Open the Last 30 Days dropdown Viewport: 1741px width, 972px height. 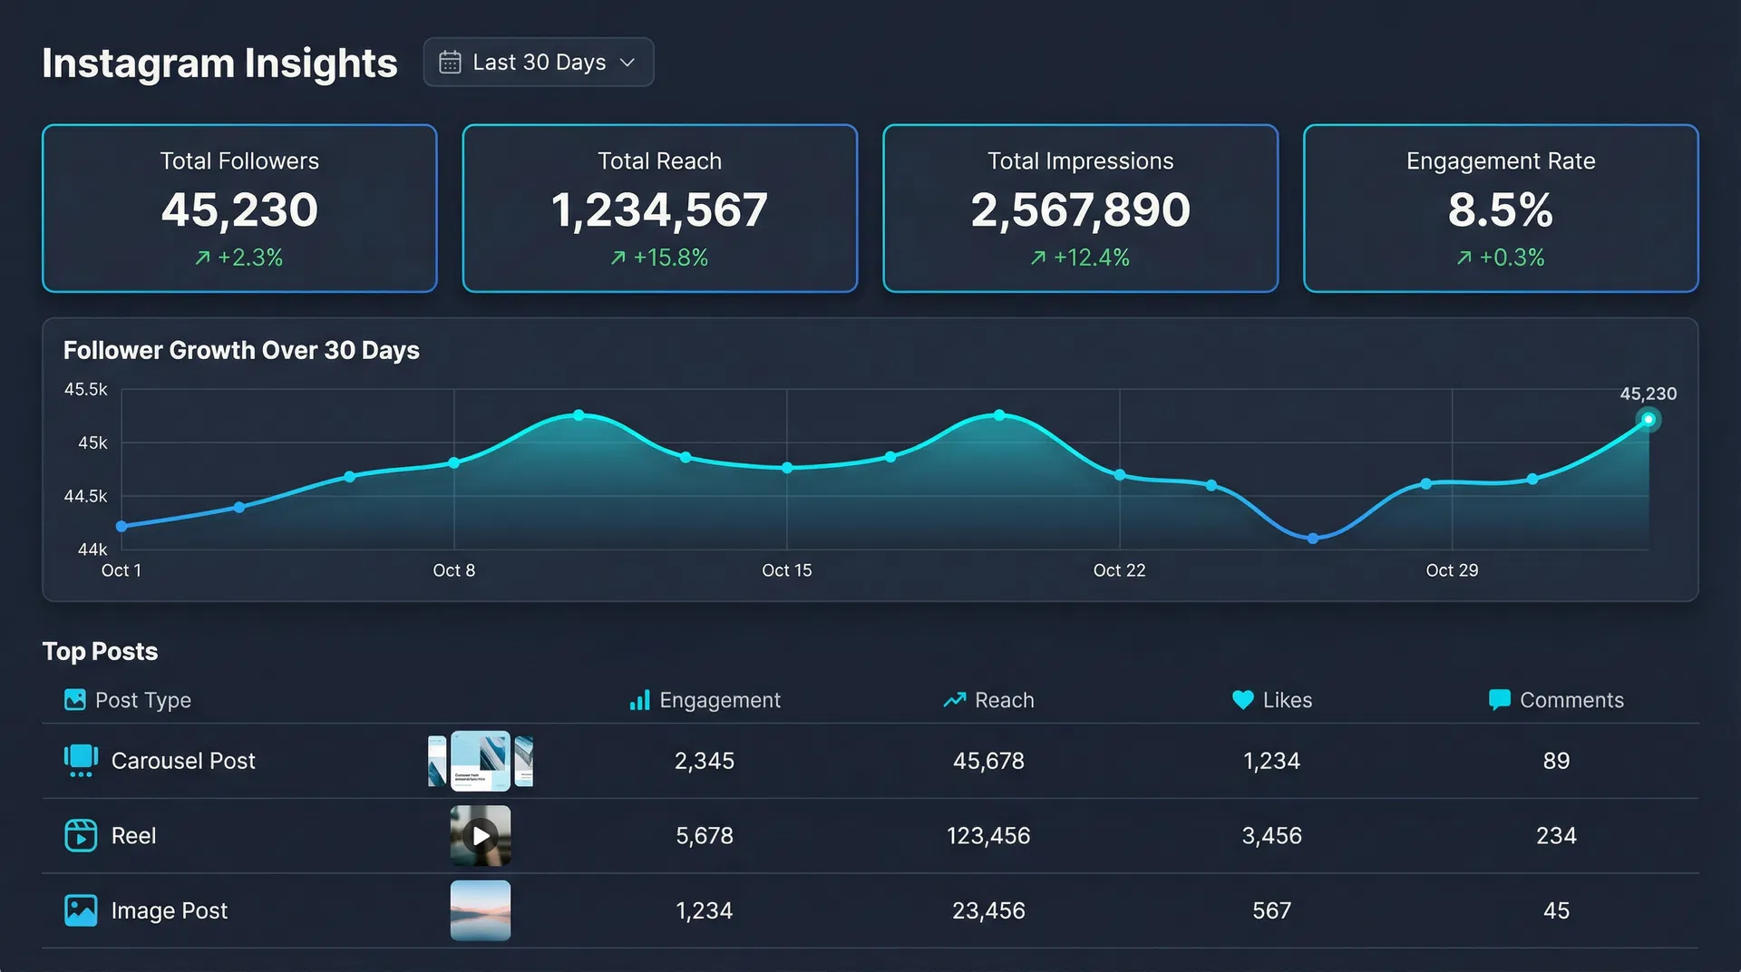click(538, 62)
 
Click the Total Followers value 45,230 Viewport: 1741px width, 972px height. click(239, 209)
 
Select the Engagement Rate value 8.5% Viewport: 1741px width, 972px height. click(1500, 209)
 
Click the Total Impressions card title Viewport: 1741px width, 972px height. click(1080, 161)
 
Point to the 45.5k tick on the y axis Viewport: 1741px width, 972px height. click(85, 390)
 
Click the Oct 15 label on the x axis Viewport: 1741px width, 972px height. click(786, 570)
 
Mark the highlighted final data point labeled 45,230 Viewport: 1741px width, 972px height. click(1648, 420)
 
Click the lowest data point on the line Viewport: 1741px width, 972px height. click(1312, 539)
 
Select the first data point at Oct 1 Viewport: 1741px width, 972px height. click(122, 526)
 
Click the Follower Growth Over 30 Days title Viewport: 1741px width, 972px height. click(241, 350)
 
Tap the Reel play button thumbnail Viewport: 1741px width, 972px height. click(480, 835)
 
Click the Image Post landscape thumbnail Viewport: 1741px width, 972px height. click(480, 910)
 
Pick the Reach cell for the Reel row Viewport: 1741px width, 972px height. click(987, 835)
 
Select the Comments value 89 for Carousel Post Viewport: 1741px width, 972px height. click(1556, 761)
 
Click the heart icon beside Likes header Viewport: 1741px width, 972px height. click(1242, 700)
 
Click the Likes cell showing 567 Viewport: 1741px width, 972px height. click(1271, 910)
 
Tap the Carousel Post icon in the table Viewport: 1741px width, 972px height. click(81, 760)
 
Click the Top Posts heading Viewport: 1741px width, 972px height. click(100, 651)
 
